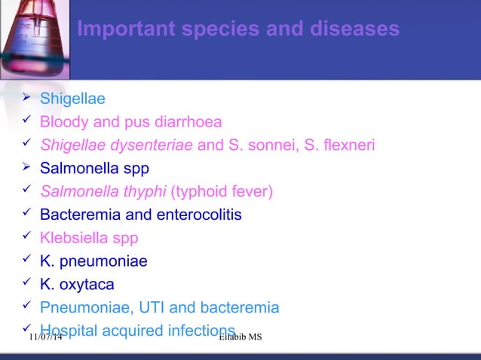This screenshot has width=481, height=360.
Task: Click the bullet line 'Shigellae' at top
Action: tap(72, 99)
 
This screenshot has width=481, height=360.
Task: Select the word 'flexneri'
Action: tap(350, 145)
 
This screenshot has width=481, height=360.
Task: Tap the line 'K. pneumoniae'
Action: tap(93, 262)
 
